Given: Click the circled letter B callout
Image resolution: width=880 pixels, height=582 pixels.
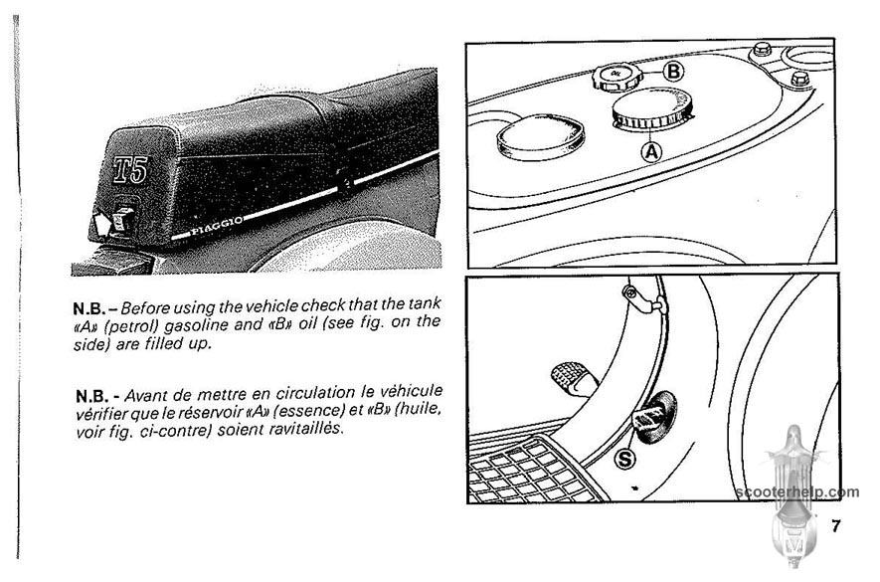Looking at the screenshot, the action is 673,72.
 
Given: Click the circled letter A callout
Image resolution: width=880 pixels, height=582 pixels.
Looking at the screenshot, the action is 651,151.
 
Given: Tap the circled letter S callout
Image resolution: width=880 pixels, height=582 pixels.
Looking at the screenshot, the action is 624,459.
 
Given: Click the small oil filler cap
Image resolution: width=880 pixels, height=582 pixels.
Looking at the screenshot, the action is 616,78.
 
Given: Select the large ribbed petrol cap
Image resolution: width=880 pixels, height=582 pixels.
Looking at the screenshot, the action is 651,109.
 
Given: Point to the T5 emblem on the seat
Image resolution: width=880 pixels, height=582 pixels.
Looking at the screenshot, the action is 131,169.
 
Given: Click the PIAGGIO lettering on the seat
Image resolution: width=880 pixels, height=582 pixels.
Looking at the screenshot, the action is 216,225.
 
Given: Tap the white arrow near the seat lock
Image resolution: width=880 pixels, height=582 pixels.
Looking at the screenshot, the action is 101,223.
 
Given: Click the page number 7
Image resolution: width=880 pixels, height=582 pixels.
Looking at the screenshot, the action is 836,526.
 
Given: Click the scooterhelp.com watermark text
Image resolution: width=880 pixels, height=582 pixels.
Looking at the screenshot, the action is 796,492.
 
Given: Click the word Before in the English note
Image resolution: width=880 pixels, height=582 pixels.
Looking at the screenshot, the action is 145,307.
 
